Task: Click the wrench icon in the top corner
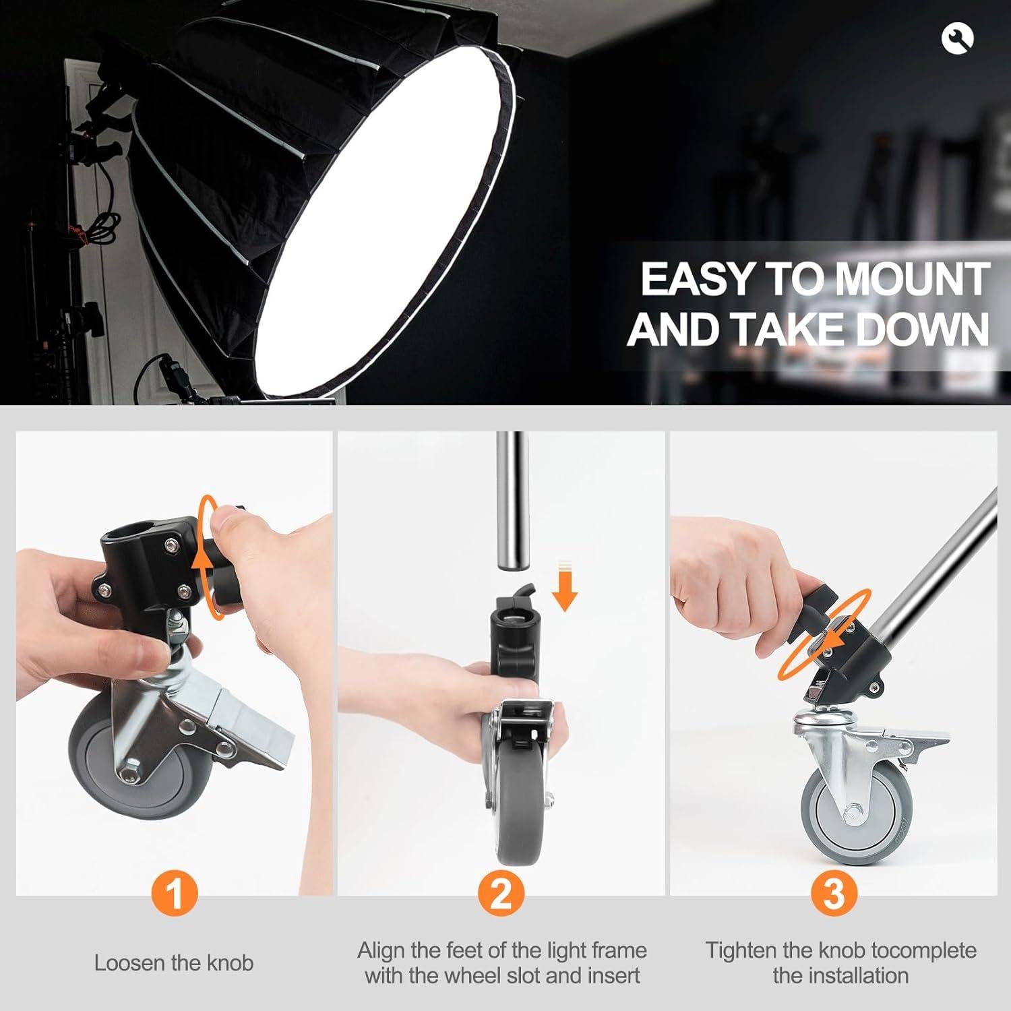pos(958,39)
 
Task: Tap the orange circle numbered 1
pos(174,894)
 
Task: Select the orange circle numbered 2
pos(502,894)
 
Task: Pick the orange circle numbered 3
pos(834,894)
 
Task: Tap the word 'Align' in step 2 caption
pos(381,951)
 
